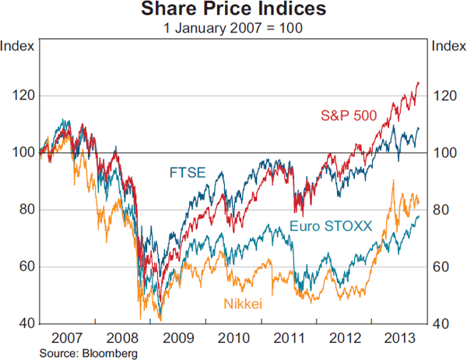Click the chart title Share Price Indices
(x=233, y=10)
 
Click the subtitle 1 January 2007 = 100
(x=233, y=28)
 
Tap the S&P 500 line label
(x=349, y=116)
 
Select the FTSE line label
(x=187, y=173)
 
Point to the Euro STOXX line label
(x=331, y=226)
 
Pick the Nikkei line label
(x=244, y=304)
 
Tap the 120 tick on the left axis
(x=22, y=96)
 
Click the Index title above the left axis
(x=17, y=45)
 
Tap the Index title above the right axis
(x=448, y=45)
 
